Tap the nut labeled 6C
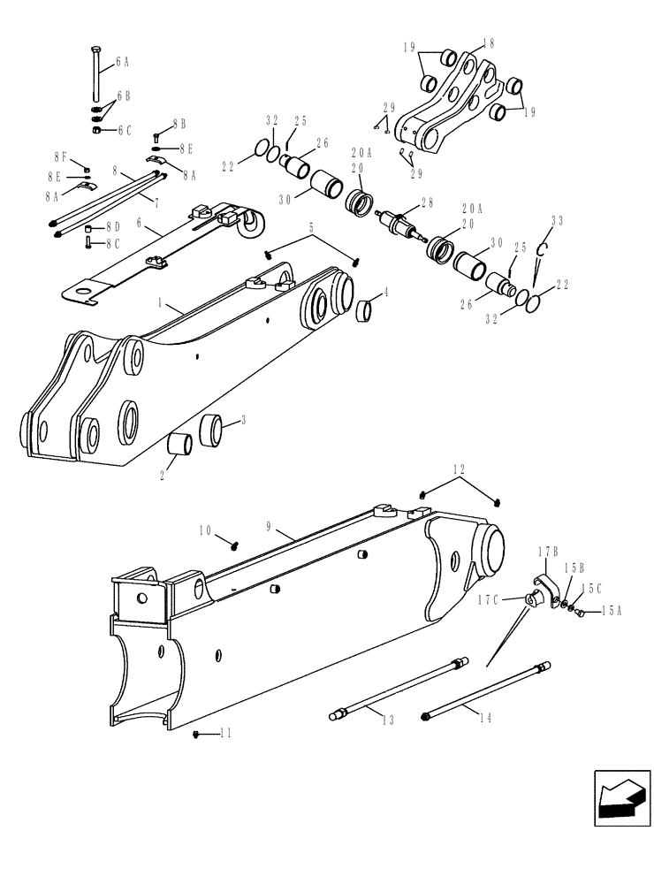point(98,130)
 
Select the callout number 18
point(490,43)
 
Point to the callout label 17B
point(544,552)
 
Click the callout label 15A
point(611,611)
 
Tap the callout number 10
point(206,531)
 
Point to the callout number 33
point(556,220)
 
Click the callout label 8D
point(112,226)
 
